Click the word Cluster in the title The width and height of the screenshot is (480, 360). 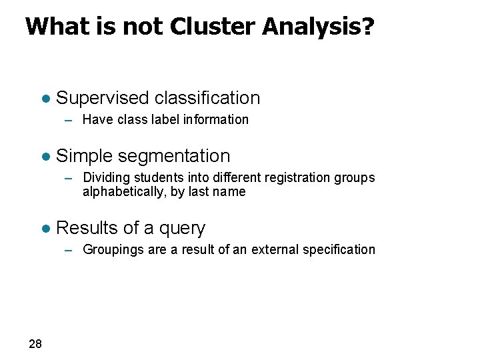tap(213, 27)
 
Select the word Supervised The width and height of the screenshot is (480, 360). tap(103, 98)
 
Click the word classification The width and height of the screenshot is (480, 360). tap(207, 98)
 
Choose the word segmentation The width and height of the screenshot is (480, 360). tap(173, 156)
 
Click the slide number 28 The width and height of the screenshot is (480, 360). tap(35, 344)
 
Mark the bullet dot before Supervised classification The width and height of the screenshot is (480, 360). tap(45, 99)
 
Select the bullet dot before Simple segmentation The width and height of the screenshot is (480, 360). tap(45, 157)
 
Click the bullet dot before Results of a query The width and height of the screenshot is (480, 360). tap(45, 229)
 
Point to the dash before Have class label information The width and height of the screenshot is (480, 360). tap(69, 121)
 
